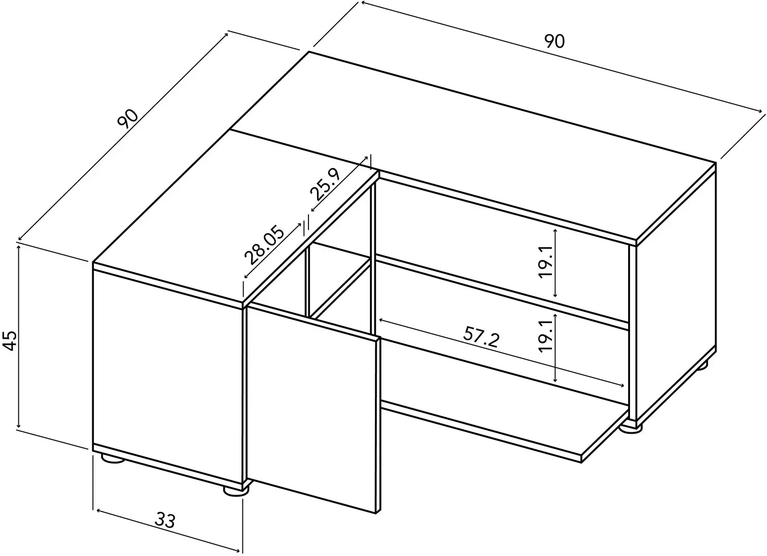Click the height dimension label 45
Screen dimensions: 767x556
click(x=11, y=340)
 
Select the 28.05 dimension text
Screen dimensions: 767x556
click(x=264, y=245)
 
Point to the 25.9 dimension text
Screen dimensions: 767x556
click(x=325, y=185)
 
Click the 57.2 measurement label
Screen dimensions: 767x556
click(x=481, y=337)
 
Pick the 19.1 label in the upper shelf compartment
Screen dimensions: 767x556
click(x=545, y=262)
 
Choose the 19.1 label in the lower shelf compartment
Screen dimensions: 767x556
click(x=545, y=335)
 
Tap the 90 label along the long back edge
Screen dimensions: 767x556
click(x=554, y=42)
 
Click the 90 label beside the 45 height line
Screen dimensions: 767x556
click(x=128, y=119)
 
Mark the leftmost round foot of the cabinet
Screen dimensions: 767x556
click(x=113, y=459)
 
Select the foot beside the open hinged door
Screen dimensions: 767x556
click(x=236, y=491)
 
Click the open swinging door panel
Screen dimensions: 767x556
click(x=313, y=409)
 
